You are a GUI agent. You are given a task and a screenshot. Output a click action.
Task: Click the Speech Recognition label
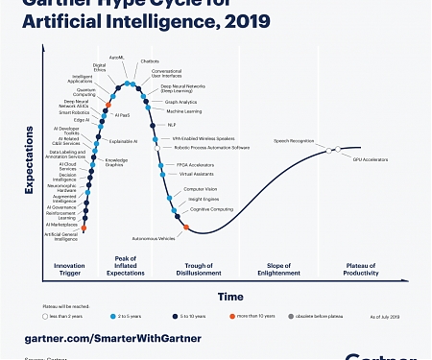point(294,140)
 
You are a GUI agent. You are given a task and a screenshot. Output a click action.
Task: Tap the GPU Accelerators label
point(370,158)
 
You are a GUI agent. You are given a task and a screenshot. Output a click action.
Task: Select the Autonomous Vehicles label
point(153,237)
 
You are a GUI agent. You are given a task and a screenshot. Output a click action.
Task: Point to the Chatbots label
point(150,60)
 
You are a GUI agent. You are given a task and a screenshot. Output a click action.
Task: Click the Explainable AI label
point(123,141)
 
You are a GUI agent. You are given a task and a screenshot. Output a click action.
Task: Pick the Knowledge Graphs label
point(116,162)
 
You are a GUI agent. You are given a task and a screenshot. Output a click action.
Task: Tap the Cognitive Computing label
point(211,208)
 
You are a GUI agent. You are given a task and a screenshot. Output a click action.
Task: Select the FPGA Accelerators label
point(196,164)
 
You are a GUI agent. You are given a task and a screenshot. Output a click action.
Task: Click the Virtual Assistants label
point(197,174)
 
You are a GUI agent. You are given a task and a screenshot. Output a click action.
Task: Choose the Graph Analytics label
point(180,102)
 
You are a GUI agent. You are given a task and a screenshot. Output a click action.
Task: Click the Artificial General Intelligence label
point(61,236)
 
